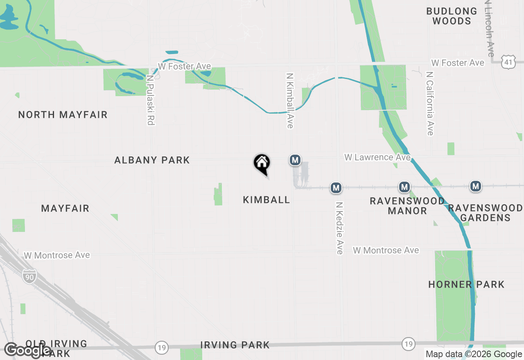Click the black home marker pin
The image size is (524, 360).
pos(262,164)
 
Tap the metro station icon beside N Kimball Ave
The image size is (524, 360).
pos(295,160)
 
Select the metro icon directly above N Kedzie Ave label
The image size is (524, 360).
pos(336,188)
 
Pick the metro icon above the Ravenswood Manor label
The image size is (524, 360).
pos(404,187)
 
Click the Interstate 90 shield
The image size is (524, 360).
pos(29,277)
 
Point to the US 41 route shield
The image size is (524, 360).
pos(508,62)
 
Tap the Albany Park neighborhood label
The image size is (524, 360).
pos(152,160)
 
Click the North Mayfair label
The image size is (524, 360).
pos(63,115)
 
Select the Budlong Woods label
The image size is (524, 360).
pos(452,16)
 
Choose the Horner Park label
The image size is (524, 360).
pos(466,284)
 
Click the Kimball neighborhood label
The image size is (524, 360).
pos(267,200)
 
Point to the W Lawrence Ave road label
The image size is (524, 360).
pos(377,157)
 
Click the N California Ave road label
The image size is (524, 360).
pos(429,103)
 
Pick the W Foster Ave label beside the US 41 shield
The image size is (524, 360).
pos(458,63)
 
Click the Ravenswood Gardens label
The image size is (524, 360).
pos(486,213)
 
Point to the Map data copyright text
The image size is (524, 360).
pos(474,354)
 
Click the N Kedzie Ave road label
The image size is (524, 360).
pos(339,228)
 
